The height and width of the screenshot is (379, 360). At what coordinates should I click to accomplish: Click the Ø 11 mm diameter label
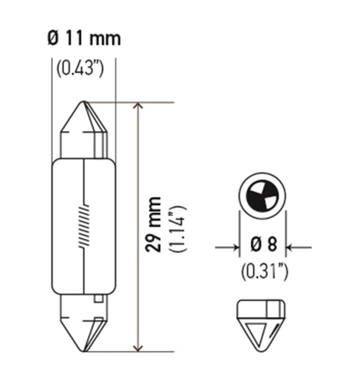point(84,38)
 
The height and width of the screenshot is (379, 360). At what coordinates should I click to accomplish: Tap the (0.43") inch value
point(80,69)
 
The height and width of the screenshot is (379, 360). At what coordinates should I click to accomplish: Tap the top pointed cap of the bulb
point(84,128)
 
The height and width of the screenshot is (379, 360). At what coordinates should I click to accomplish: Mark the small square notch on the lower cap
point(98,299)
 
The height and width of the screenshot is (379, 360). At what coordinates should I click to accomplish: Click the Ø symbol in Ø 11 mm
point(53,38)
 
